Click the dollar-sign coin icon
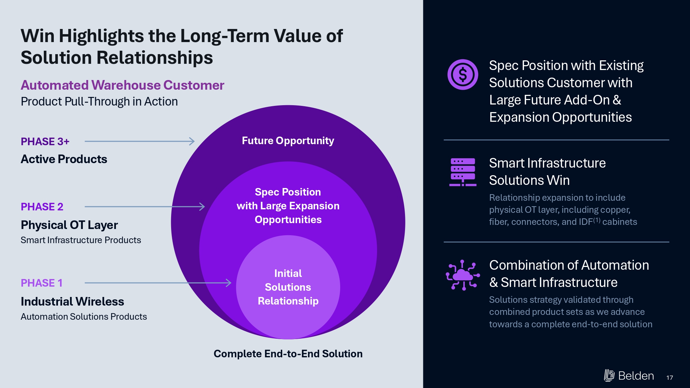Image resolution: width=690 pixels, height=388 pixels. click(463, 74)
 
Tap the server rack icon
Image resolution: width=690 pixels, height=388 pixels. click(463, 172)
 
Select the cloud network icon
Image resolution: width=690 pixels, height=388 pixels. click(463, 275)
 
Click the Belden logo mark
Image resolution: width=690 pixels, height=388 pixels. click(609, 375)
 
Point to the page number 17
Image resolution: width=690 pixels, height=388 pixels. click(670, 378)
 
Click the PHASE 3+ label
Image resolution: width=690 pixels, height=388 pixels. click(45, 141)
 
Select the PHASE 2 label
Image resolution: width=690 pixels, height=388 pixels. click(42, 207)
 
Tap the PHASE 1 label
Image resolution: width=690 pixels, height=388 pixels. click(42, 283)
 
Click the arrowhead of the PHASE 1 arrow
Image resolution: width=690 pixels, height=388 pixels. click(229, 283)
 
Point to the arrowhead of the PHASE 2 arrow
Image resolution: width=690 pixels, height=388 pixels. click(202, 207)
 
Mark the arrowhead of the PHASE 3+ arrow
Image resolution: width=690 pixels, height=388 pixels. click(192, 141)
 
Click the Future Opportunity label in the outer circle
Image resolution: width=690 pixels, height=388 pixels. click(288, 141)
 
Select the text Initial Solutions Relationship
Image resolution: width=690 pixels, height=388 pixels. click(288, 287)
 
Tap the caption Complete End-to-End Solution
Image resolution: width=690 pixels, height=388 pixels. click(288, 354)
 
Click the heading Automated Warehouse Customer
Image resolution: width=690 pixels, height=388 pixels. click(122, 85)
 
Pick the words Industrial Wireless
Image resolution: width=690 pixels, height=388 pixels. click(72, 301)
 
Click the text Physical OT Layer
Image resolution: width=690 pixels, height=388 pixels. click(69, 225)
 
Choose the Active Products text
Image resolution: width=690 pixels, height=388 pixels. click(64, 159)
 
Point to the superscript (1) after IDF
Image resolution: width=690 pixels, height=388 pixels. click(597, 220)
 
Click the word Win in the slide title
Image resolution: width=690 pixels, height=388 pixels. click(37, 36)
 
